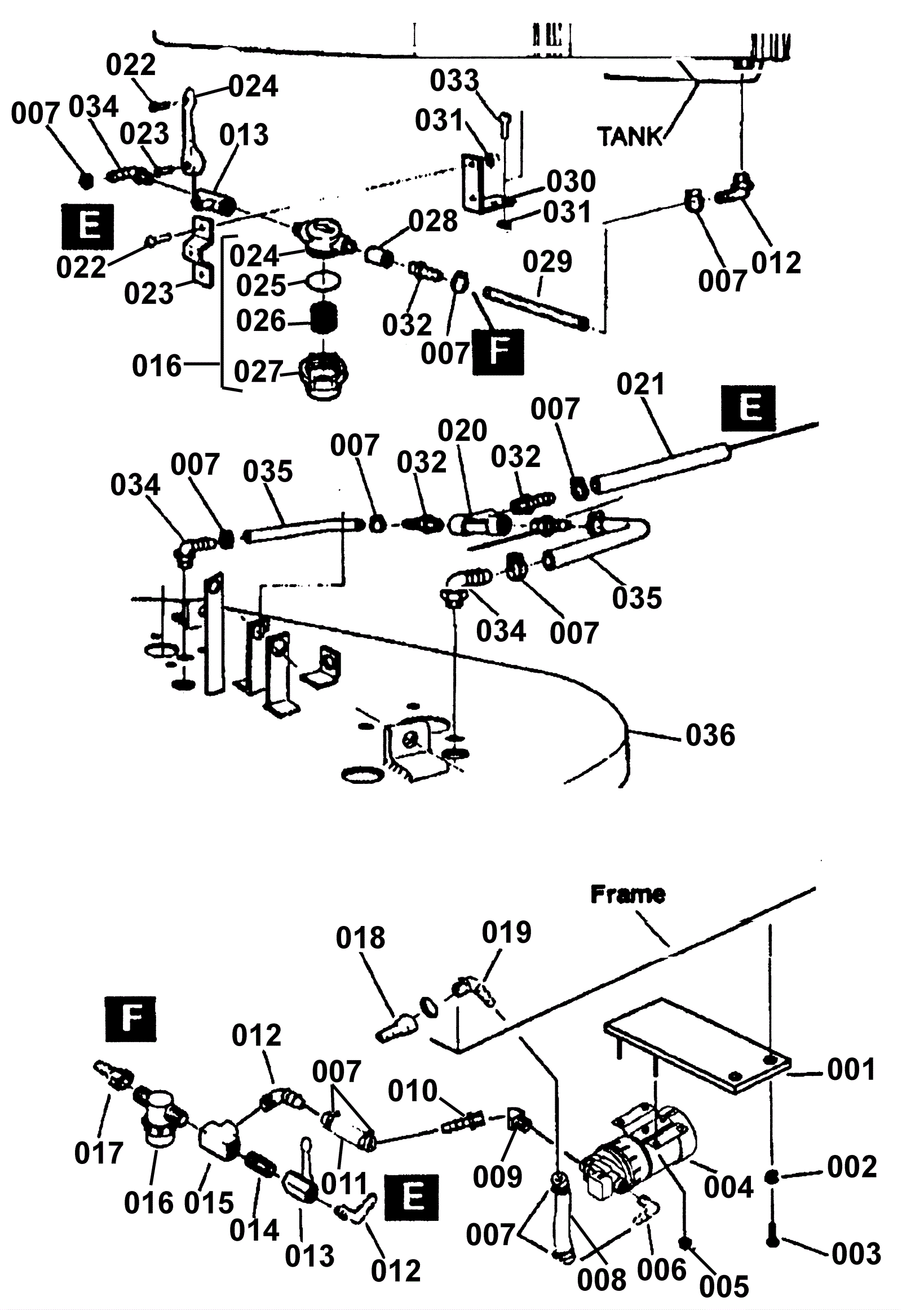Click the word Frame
(x=627, y=894)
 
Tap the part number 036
(x=710, y=735)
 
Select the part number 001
(x=851, y=1070)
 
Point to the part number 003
(x=856, y=1254)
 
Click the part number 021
(x=641, y=385)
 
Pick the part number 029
(x=547, y=262)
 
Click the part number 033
(x=454, y=80)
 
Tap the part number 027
(x=258, y=372)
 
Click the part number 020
(x=462, y=431)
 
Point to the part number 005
(x=724, y=1287)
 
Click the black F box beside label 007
(x=498, y=352)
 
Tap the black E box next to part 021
(x=748, y=408)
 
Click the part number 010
(x=413, y=1090)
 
